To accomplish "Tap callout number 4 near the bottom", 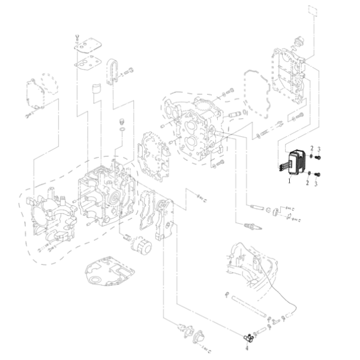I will coord(247,346).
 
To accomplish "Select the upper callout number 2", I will coord(311,148).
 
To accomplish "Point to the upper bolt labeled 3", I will coord(318,157).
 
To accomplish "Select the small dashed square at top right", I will coord(311,10).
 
